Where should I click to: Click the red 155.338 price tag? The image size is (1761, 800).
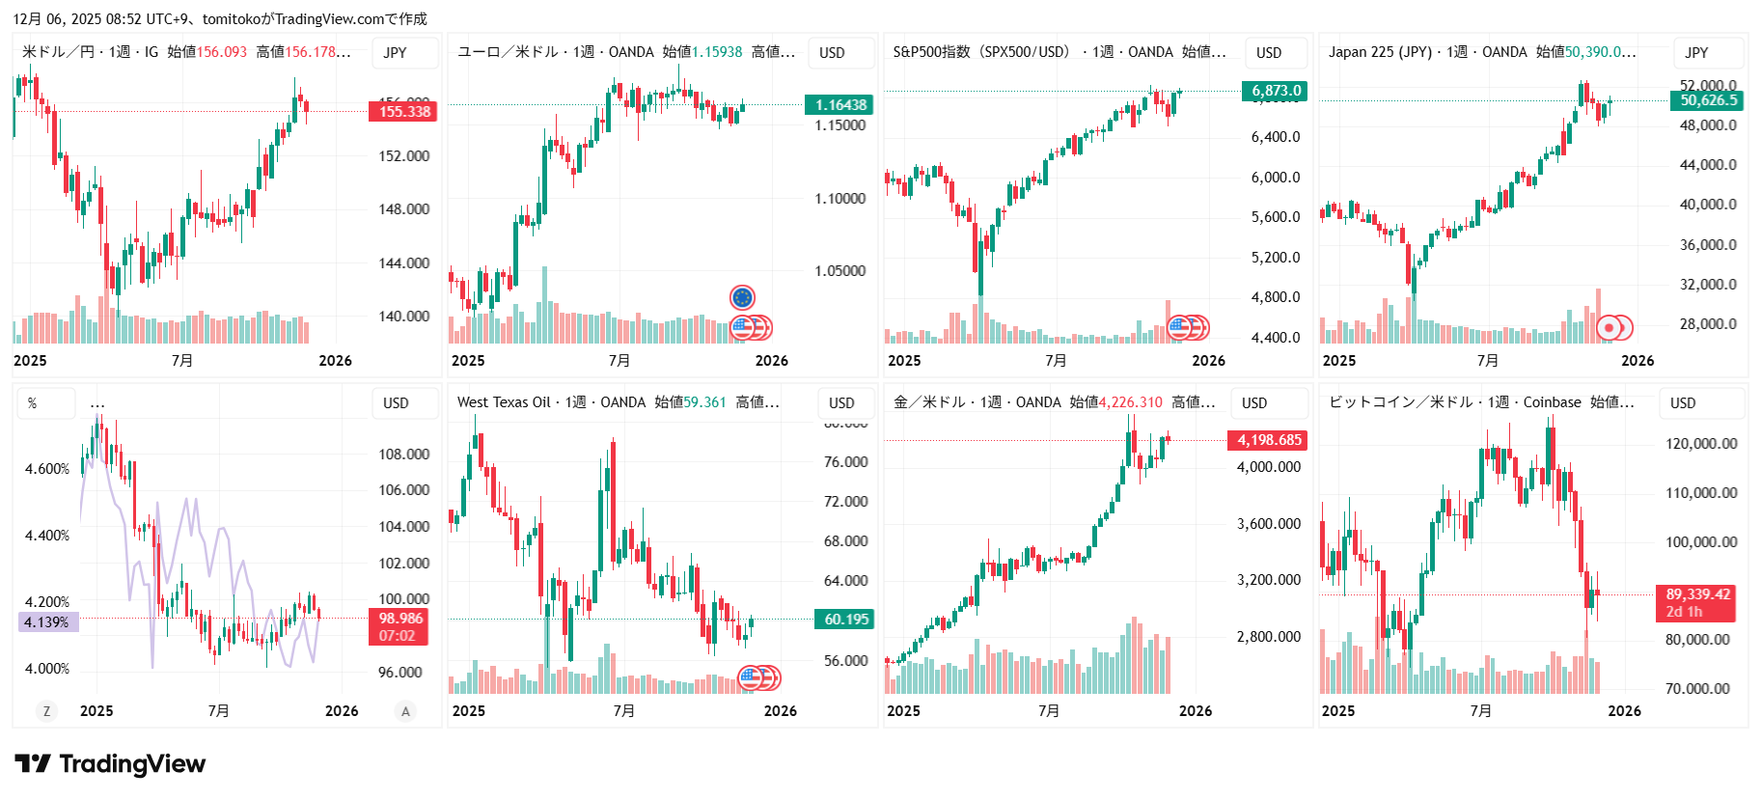click(x=403, y=112)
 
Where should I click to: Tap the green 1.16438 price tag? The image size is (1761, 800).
click(x=839, y=105)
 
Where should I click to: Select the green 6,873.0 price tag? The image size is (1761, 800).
click(x=1276, y=91)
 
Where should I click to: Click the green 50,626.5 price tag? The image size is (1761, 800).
click(x=1708, y=100)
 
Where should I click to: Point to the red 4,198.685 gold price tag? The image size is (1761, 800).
click(x=1269, y=440)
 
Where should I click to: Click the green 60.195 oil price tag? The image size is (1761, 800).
click(x=845, y=620)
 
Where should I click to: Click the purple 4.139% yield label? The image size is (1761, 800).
click(x=47, y=622)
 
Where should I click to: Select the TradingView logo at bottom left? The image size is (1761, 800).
click(x=110, y=764)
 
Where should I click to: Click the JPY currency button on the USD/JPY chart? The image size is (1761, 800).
click(x=395, y=53)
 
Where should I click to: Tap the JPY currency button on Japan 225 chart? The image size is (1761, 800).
click(x=1696, y=53)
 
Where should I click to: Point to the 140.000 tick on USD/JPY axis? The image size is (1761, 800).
click(x=403, y=317)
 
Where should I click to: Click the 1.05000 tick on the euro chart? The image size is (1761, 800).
click(x=839, y=271)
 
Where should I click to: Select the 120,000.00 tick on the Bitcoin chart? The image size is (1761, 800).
click(x=1700, y=444)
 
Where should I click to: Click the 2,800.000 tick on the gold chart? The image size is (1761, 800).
click(x=1268, y=637)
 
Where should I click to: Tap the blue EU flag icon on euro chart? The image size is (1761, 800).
click(x=742, y=297)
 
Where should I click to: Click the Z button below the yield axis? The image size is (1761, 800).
click(x=45, y=711)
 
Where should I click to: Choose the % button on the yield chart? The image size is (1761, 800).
click(x=33, y=403)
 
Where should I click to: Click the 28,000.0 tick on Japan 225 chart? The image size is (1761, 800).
click(x=1708, y=324)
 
